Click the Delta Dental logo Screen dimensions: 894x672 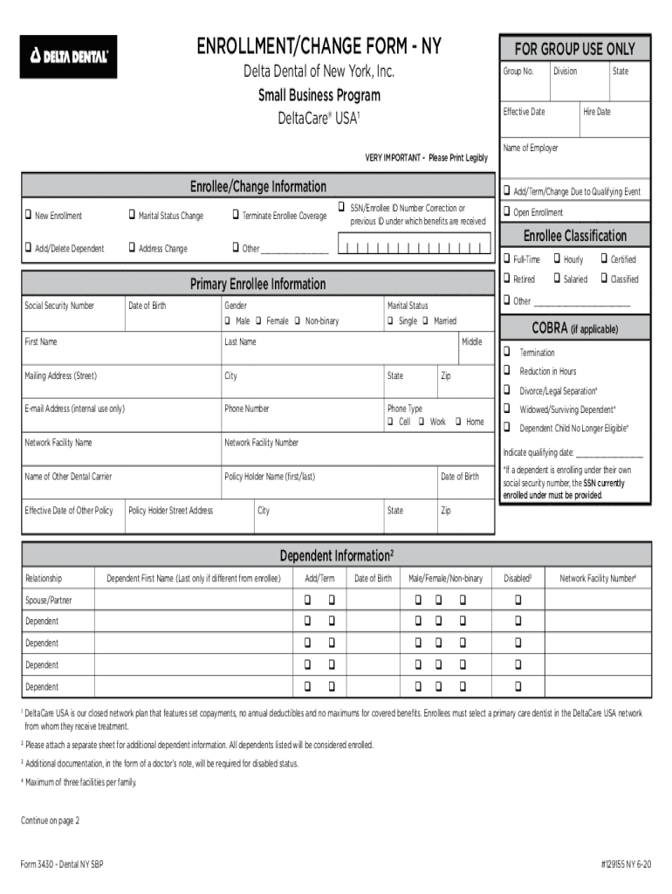(x=68, y=57)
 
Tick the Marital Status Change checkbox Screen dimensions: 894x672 (x=131, y=216)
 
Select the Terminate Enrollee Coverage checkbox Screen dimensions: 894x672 (x=235, y=216)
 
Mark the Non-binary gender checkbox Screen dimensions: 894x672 (x=298, y=321)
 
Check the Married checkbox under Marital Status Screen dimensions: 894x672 (x=426, y=321)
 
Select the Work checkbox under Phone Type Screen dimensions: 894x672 (x=422, y=422)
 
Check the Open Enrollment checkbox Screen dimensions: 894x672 (x=506, y=212)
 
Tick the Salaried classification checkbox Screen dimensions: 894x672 (x=557, y=279)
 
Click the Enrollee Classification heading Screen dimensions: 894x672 (x=574, y=236)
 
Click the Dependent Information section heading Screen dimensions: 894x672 (x=336, y=555)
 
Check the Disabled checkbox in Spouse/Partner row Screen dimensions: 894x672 (x=518, y=600)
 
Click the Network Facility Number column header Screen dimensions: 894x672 (x=598, y=578)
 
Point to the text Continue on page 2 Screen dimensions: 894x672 (x=51, y=821)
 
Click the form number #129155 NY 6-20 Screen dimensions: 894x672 (x=625, y=865)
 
